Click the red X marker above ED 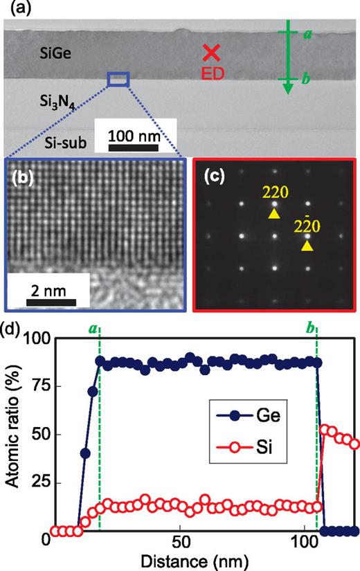(x=212, y=53)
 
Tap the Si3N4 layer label (x=53, y=103)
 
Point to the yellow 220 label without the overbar (x=274, y=188)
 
